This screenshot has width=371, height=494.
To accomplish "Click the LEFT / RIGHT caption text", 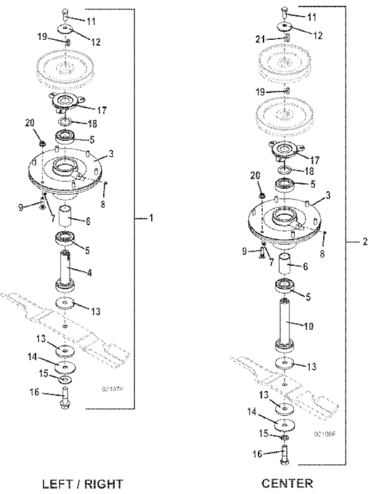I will (x=82, y=482).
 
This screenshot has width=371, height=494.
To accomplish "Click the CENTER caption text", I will (x=287, y=482).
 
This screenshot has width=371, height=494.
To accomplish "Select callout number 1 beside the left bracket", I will (x=151, y=219).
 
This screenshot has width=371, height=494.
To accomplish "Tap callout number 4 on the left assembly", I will (x=89, y=273).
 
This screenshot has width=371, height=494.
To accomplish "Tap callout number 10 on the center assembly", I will (x=308, y=326).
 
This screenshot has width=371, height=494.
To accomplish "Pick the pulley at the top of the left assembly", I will (x=67, y=67).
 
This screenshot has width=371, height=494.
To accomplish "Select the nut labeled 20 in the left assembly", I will (x=41, y=140).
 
